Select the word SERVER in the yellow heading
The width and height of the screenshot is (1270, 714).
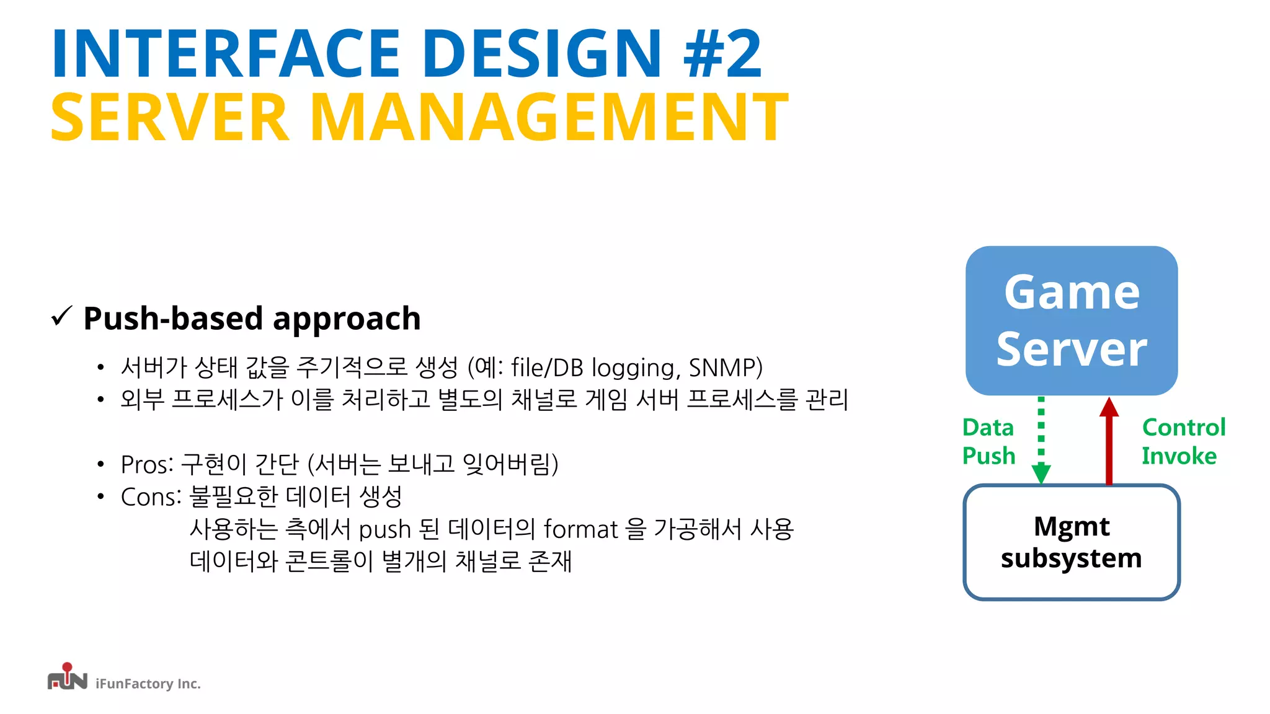(x=170, y=118)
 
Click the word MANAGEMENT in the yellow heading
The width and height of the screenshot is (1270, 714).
(x=549, y=118)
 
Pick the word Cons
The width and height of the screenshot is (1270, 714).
(x=149, y=497)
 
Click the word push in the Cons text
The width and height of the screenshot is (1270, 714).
(x=384, y=530)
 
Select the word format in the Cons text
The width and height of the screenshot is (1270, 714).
(x=580, y=530)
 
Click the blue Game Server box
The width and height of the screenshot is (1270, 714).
(x=1071, y=320)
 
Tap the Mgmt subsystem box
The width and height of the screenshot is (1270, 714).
(x=1071, y=542)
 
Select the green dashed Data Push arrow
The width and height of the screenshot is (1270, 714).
(x=1041, y=440)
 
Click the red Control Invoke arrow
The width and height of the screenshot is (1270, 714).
(x=1109, y=441)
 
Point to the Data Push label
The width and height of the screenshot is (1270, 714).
(x=988, y=441)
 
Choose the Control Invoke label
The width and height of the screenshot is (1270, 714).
(x=1183, y=441)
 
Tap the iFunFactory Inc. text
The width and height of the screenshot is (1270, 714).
(x=148, y=684)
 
